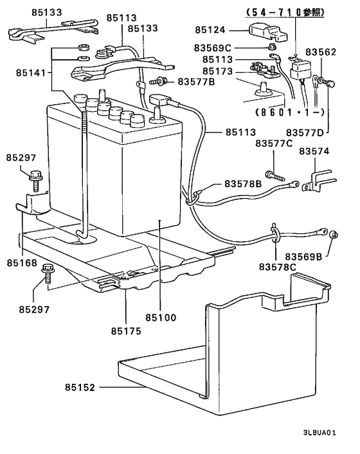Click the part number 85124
coord(210,30)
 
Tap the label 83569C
coord(212,48)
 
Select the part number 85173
coord(217,71)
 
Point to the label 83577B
coord(196,82)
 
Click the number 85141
coord(31,73)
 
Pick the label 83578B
coord(243,184)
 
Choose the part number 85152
coord(80,387)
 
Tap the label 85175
coord(126,331)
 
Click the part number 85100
coord(161,318)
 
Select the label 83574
coord(314,151)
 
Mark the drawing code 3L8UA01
coord(319,433)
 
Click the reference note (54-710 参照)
coord(285,12)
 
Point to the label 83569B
coord(303,257)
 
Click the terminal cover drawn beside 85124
coord(268,32)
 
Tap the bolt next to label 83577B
coord(157,82)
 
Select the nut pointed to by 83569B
coord(334,235)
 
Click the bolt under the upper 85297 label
coord(35,181)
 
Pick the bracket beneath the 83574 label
coord(318,181)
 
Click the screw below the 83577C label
coord(274,176)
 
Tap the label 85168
coord(22,263)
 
